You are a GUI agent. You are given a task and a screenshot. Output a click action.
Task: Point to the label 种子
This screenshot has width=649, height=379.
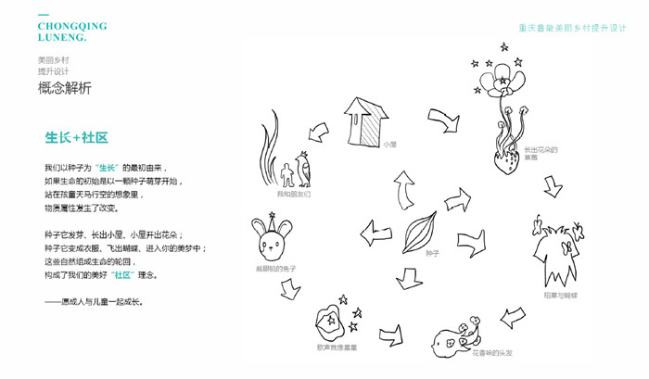click(x=432, y=252)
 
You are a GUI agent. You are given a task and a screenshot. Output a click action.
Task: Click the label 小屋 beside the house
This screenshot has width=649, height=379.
click(x=389, y=145)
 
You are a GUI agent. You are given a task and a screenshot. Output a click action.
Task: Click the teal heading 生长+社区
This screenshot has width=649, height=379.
click(x=77, y=137)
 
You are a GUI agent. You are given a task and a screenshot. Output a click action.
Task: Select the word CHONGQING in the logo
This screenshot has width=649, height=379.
click(x=72, y=27)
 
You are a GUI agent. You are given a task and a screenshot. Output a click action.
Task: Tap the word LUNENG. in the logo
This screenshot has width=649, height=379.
click(x=62, y=39)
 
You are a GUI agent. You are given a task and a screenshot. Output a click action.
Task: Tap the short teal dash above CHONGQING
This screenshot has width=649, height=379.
click(x=44, y=15)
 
